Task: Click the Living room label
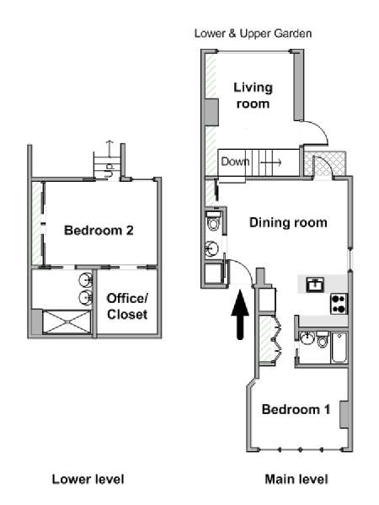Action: [253, 96]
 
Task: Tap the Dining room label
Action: [288, 223]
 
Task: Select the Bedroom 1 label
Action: [296, 409]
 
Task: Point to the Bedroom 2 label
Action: [99, 231]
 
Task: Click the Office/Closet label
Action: [127, 306]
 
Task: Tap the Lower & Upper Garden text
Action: [253, 34]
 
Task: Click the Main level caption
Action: [296, 479]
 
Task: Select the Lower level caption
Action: [88, 479]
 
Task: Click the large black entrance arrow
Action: [240, 314]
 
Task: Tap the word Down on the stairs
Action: [235, 162]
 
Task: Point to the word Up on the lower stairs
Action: [109, 166]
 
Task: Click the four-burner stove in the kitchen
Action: [339, 304]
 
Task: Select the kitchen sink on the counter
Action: [315, 284]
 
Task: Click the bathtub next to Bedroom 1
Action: [339, 348]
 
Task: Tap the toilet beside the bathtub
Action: [322, 339]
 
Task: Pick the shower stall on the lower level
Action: [67, 322]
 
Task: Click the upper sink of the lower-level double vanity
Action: [86, 279]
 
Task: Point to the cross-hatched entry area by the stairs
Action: [325, 163]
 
